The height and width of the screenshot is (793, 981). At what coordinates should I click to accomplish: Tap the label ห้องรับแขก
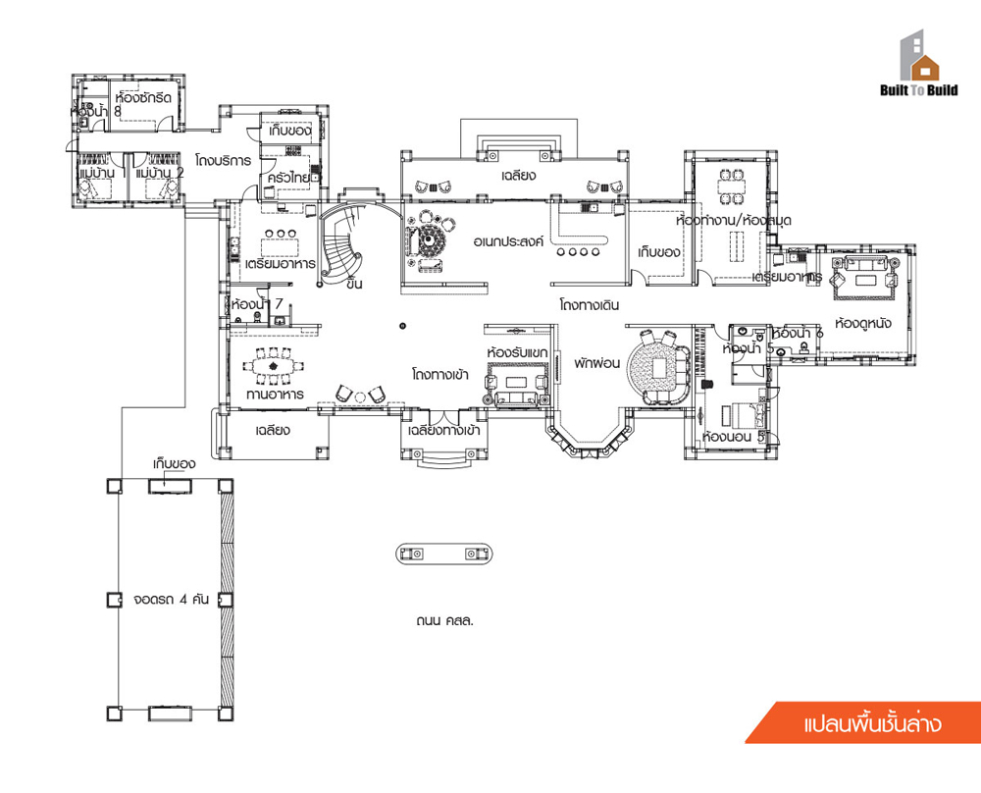coord(517,351)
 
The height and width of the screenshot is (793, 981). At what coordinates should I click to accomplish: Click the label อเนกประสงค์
coord(508,240)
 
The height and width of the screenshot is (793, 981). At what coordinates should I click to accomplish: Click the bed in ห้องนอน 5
coord(740,412)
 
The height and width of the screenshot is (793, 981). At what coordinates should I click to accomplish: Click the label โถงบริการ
coord(223,160)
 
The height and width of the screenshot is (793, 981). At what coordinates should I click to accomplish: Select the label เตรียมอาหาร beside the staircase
coord(280,264)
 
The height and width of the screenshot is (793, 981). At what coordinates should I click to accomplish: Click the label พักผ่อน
coord(594,362)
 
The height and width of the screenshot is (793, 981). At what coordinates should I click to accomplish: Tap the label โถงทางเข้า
coord(439,374)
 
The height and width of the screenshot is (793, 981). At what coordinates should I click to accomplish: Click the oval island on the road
coord(444,555)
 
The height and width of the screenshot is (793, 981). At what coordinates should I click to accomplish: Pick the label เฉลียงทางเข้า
coord(443,430)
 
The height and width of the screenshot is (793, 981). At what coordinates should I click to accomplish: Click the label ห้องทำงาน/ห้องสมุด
coord(734,221)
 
